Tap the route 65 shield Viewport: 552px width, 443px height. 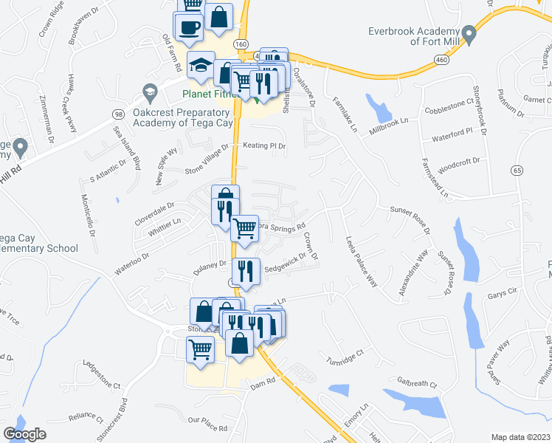[515, 171]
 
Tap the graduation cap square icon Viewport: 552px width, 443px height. [201, 66]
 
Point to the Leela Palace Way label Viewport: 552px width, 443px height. [362, 262]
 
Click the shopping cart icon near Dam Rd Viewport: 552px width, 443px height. [200, 350]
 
